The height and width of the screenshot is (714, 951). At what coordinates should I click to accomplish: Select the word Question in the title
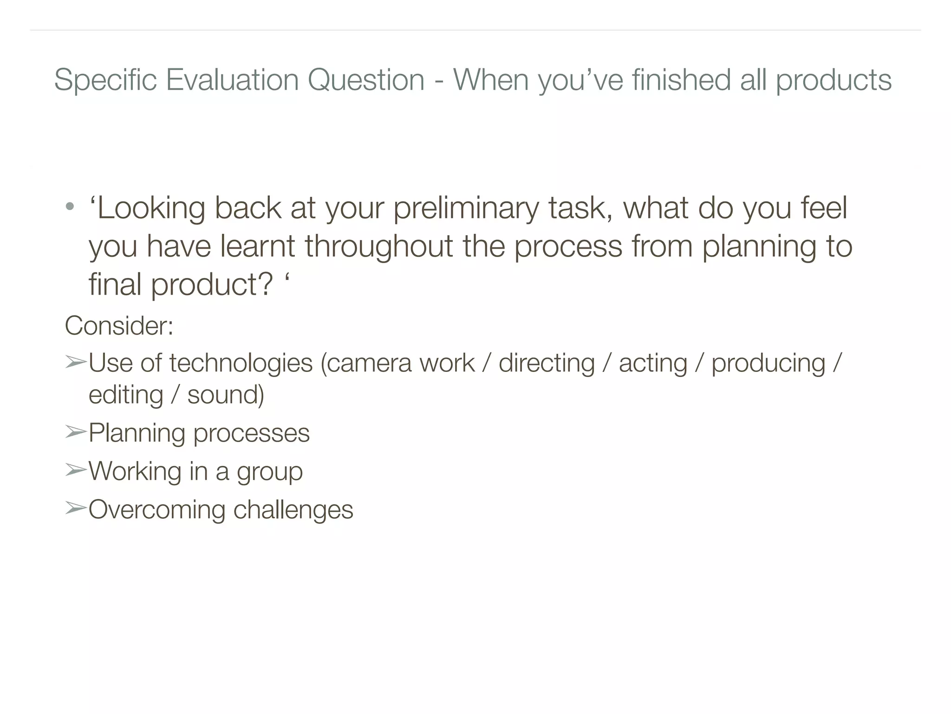point(366,80)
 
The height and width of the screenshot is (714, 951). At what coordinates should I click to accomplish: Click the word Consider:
point(119,325)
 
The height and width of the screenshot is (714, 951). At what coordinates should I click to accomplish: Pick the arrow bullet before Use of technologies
point(75,362)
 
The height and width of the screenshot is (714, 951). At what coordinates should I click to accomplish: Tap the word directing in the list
point(547,364)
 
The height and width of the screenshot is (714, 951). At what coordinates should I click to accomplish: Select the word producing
point(769,364)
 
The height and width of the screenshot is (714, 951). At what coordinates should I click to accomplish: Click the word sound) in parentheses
point(226,395)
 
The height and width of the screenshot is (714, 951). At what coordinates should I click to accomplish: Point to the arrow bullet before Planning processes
point(75,432)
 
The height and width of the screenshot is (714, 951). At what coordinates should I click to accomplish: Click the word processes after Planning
point(251,434)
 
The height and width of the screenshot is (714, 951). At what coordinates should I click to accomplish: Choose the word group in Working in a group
point(270,472)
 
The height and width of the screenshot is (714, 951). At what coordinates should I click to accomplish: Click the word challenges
point(293,510)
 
